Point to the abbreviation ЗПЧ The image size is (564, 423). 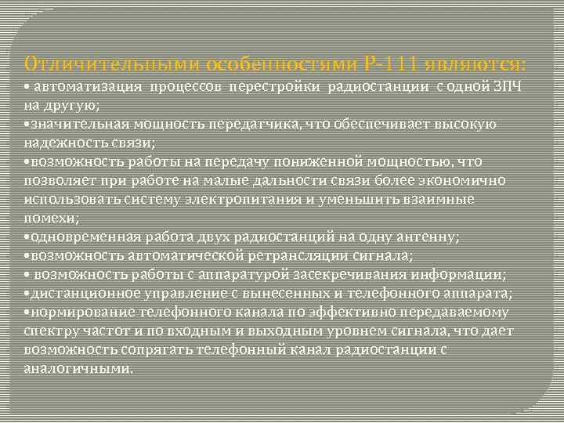click(512, 85)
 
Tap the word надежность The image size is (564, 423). click(59, 143)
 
